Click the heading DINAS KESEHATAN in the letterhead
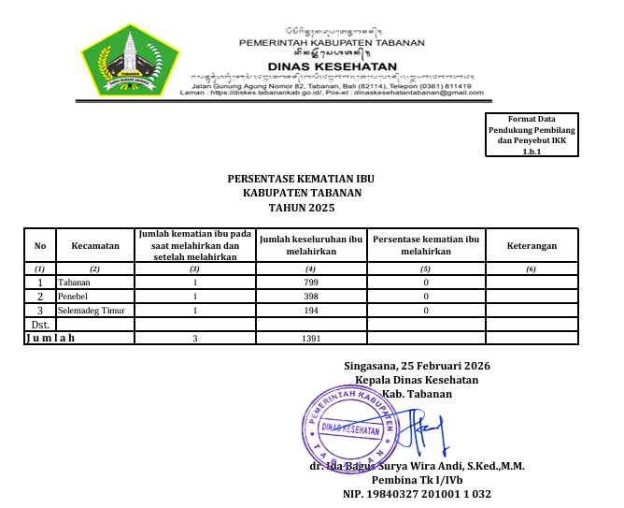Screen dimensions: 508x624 coord(332,66)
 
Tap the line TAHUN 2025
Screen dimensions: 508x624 coord(302,208)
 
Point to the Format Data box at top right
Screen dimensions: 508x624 coord(532,135)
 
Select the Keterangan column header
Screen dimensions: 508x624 coord(532,245)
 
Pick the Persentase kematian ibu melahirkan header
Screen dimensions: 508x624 coord(426,245)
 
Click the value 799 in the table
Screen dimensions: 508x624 coord(312,282)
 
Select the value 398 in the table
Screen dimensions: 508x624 coord(312,296)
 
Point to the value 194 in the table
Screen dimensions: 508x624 coord(312,310)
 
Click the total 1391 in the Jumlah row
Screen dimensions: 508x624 coord(312,339)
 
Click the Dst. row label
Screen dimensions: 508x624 coord(40,324)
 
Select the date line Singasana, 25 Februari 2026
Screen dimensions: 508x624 coord(417,366)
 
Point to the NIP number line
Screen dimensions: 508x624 coord(417,493)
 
